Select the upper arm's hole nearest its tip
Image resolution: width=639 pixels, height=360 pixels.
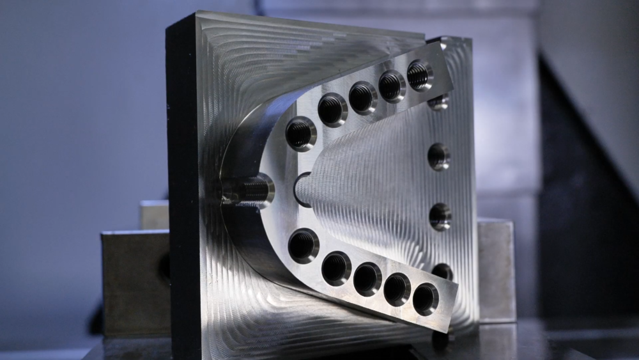[x=419, y=75]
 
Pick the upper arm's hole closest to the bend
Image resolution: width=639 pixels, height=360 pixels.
[x=300, y=134]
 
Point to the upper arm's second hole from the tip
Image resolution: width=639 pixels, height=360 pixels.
[x=392, y=86]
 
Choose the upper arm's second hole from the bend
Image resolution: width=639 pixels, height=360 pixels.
[x=332, y=109]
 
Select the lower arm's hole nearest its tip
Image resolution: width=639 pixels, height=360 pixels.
[x=426, y=299]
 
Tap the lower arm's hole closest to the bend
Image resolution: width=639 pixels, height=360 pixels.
[x=304, y=245]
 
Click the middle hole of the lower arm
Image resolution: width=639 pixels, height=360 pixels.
[x=367, y=279]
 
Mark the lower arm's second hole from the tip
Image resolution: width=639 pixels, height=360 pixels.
[x=397, y=289]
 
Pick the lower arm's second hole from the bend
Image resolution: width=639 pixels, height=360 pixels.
[x=336, y=268]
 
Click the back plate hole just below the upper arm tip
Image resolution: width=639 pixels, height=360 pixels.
[x=438, y=102]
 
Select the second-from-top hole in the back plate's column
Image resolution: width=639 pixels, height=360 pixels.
[x=439, y=156]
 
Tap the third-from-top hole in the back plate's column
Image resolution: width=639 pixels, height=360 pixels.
[x=440, y=216]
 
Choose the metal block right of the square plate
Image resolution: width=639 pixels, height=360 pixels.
[x=497, y=269]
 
